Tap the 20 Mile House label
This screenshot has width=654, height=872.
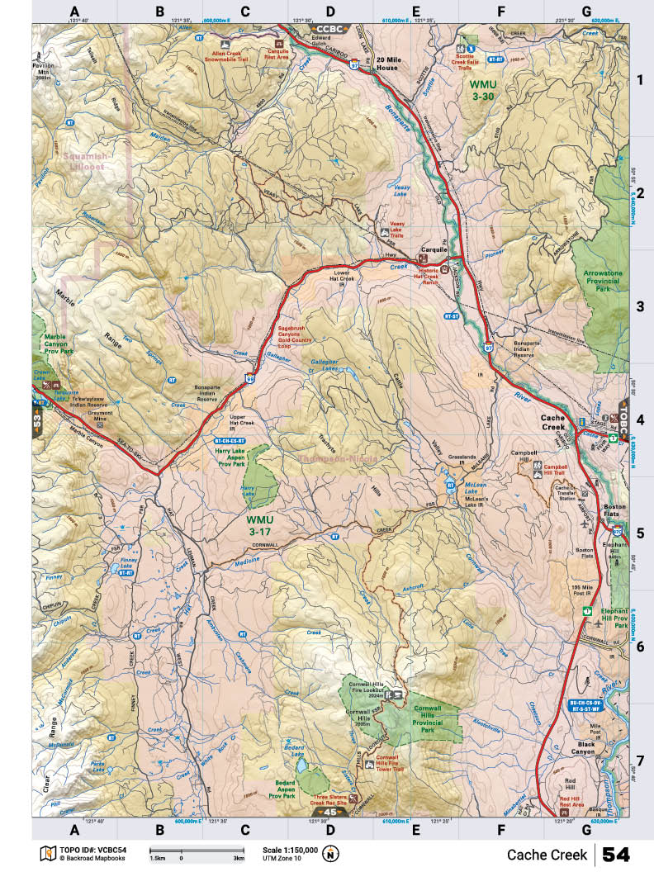coord(386,64)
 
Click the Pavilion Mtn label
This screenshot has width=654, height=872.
coord(51,65)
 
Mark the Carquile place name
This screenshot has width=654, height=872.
coord(434,248)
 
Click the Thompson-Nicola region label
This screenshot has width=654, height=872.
coord(337,458)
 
